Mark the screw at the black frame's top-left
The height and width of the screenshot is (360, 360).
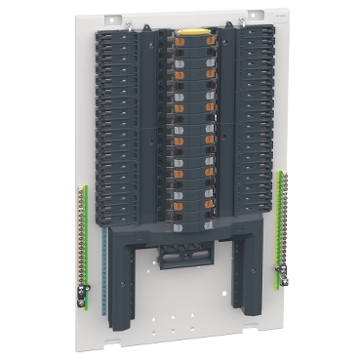click(x=104, y=31)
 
